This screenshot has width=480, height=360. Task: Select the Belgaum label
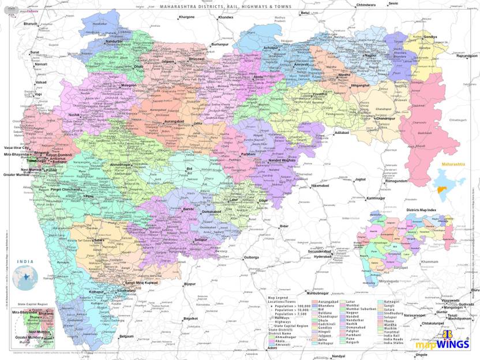coord(126,336)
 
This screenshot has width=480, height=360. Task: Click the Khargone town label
coord(186,17)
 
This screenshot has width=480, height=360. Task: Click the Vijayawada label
coord(451,300)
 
